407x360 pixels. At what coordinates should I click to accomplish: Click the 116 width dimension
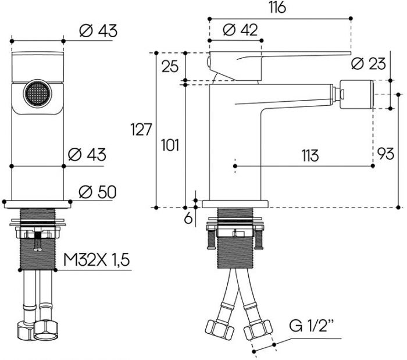click(x=278, y=8)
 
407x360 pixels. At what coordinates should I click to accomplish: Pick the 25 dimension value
click(x=170, y=66)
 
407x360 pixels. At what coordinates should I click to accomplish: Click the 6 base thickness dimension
click(x=187, y=218)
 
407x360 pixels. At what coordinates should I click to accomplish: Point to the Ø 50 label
click(x=98, y=191)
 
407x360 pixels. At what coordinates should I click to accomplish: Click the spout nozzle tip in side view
click(x=356, y=92)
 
